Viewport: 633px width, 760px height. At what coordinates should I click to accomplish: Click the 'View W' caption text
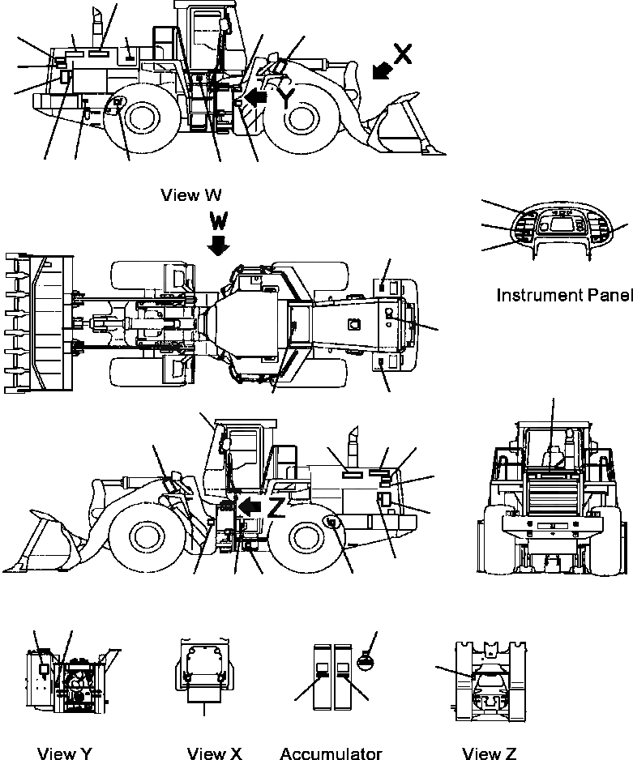(x=190, y=194)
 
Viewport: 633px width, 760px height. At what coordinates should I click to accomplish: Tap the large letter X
(x=403, y=53)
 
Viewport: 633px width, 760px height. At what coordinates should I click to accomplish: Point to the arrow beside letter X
(x=379, y=72)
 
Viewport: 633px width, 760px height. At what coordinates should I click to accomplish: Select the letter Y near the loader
(x=284, y=97)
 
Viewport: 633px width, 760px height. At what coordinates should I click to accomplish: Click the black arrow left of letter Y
(x=257, y=98)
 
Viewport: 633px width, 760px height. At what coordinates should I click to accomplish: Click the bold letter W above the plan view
(x=218, y=221)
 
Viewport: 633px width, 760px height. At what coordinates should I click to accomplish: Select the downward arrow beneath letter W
(x=218, y=246)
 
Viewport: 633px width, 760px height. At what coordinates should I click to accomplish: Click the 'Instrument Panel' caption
(x=563, y=295)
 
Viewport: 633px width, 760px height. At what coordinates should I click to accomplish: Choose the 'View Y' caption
(x=65, y=754)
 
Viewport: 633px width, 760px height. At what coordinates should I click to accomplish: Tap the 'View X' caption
(x=214, y=754)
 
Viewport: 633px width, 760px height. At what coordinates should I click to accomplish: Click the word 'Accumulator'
(x=331, y=754)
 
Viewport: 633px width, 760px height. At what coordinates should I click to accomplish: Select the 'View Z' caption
(x=489, y=754)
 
